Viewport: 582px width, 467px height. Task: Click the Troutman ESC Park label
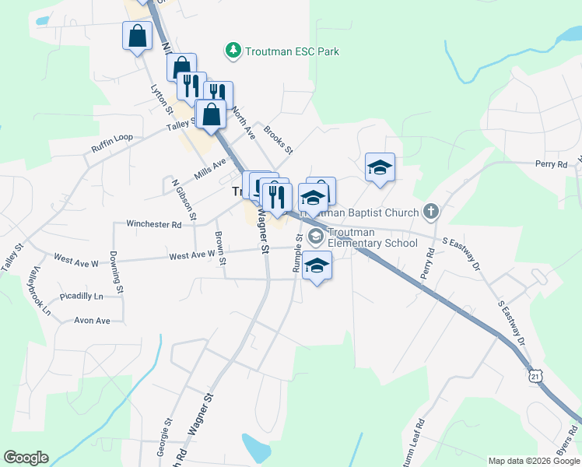pyautogui.click(x=292, y=51)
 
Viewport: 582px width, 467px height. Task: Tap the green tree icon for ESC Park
pyautogui.click(x=232, y=51)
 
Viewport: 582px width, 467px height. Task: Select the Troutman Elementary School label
pyautogui.click(x=373, y=237)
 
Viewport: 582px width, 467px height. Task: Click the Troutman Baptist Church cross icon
pyautogui.click(x=431, y=211)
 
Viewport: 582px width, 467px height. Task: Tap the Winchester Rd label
pyautogui.click(x=153, y=224)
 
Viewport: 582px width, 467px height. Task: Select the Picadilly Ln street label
pyautogui.click(x=81, y=297)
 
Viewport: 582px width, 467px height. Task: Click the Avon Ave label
pyautogui.click(x=93, y=320)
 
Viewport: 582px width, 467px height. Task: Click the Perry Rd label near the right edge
pyautogui.click(x=551, y=164)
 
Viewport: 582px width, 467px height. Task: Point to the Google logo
pyautogui.click(x=26, y=458)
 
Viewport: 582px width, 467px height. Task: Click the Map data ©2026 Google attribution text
pyautogui.click(x=533, y=461)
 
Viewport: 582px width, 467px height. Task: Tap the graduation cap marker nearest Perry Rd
pyautogui.click(x=380, y=167)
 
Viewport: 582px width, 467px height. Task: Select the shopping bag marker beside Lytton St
pyautogui.click(x=137, y=36)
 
